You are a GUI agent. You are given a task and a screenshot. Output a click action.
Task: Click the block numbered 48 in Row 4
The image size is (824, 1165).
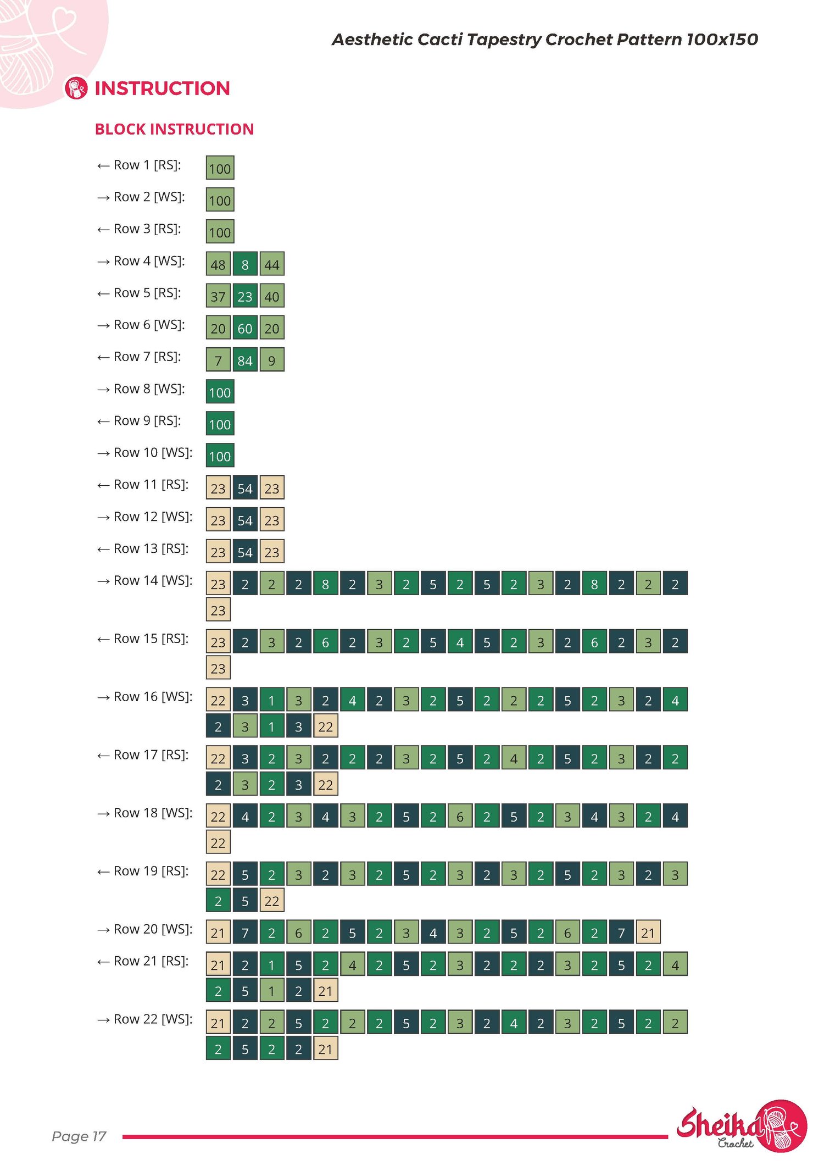click(x=218, y=264)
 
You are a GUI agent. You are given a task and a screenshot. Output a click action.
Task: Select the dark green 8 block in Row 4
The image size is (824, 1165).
click(x=245, y=264)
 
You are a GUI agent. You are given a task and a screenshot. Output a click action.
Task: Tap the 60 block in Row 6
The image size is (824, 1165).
click(x=245, y=328)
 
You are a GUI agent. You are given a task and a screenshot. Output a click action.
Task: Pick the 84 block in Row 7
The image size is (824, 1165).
click(x=245, y=359)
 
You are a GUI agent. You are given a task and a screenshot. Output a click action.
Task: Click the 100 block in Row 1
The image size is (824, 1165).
click(x=220, y=168)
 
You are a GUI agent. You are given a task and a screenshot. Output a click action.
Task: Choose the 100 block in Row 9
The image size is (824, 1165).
click(x=220, y=423)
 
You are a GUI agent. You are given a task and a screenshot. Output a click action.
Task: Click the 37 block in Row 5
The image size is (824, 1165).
click(x=218, y=296)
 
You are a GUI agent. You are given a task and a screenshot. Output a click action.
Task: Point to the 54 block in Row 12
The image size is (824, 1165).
click(x=245, y=519)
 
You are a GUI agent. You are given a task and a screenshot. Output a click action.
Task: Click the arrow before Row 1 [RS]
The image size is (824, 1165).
click(x=103, y=166)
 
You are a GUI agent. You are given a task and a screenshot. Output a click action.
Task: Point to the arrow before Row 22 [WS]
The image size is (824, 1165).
click(x=103, y=1020)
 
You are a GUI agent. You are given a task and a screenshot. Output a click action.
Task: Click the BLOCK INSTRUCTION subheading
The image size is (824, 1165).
click(x=174, y=129)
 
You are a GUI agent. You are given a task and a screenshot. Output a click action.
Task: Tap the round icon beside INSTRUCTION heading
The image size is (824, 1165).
click(x=76, y=88)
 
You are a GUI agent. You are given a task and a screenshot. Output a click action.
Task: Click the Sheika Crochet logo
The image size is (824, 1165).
click(x=742, y=1126)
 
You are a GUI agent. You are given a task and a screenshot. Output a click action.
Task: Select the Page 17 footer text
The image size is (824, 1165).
click(x=79, y=1136)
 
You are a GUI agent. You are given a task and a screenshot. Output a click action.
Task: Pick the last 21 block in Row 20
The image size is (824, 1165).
click(x=648, y=932)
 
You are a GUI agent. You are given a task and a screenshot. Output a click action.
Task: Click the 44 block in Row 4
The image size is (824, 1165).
click(x=272, y=264)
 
